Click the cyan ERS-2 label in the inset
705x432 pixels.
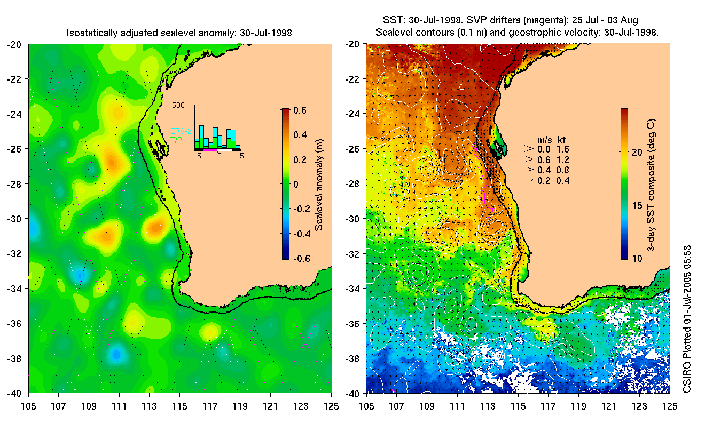(x=181, y=131)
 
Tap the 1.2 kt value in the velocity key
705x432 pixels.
(x=562, y=159)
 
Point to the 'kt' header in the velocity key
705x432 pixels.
(x=561, y=140)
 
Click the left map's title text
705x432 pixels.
(x=179, y=33)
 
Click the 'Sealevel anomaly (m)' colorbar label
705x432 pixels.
(x=319, y=183)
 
